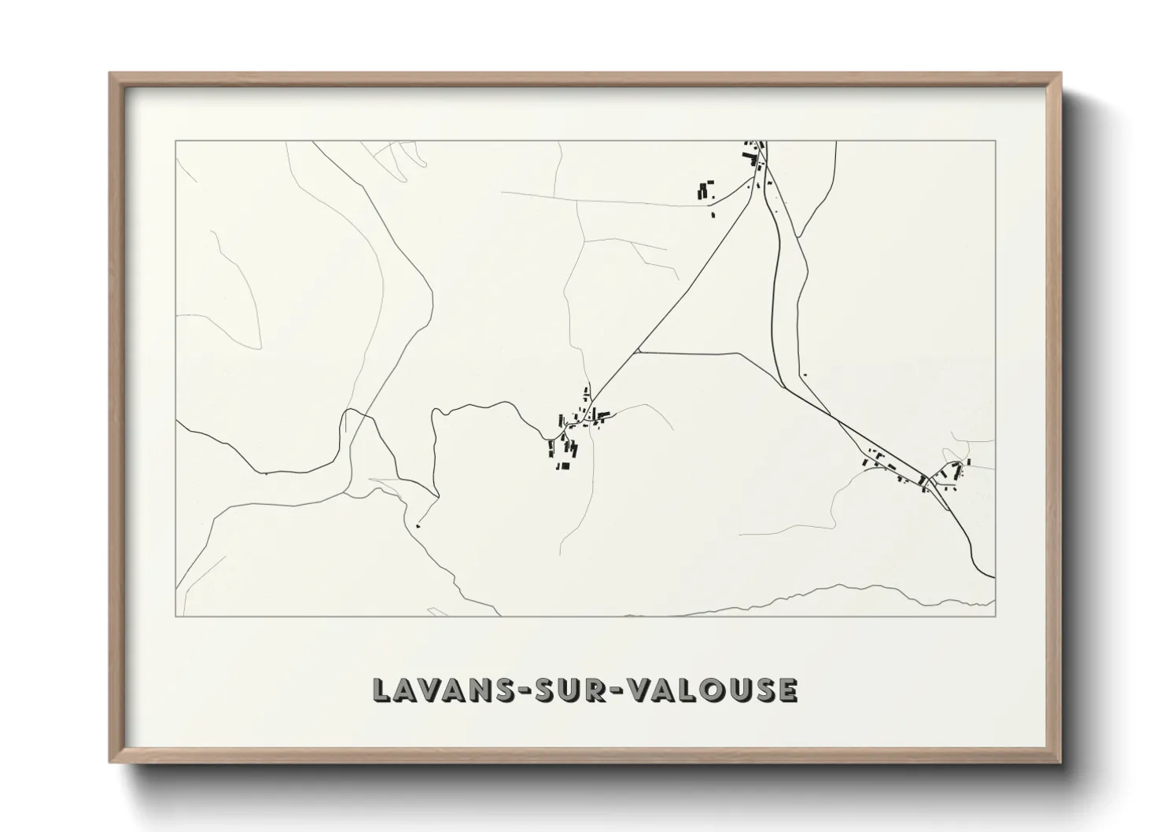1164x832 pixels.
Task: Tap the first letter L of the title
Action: (x=381, y=690)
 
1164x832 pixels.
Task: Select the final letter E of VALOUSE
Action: (x=788, y=690)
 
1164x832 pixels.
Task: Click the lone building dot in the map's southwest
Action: (x=417, y=526)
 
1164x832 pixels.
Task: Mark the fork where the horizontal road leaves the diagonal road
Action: (x=638, y=352)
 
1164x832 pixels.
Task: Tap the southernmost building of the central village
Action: (x=563, y=466)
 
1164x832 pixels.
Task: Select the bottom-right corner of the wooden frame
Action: (x=1061, y=762)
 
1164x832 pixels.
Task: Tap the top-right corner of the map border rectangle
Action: (x=995, y=142)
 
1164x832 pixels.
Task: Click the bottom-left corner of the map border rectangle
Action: (x=176, y=616)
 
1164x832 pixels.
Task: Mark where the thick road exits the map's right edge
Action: (x=994, y=576)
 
